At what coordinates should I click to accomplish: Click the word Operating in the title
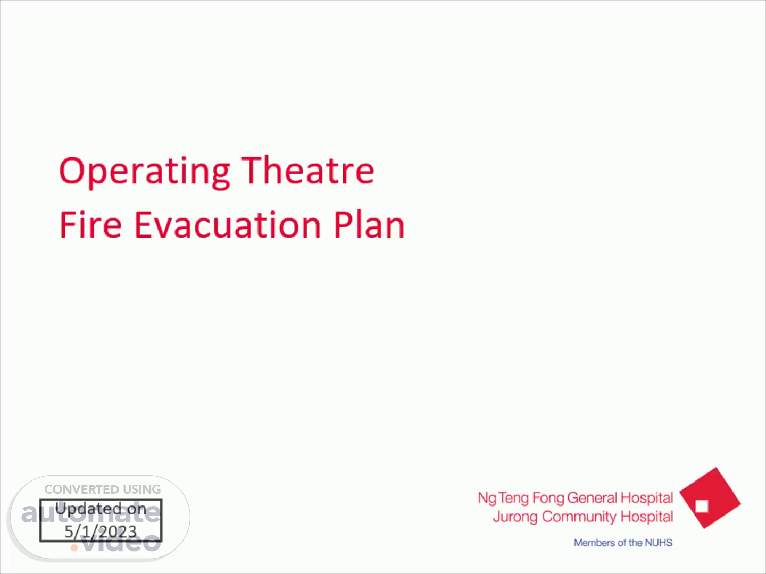145,172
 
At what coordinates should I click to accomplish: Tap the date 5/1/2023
101,531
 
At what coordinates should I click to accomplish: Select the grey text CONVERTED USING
102,489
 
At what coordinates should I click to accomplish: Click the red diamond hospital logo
710,497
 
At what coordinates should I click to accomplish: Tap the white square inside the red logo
702,507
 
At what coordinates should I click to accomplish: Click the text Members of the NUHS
623,543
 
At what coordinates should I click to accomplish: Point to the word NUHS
659,543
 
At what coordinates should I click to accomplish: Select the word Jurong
515,517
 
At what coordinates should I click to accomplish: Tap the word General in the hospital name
593,497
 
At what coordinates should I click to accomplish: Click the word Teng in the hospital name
514,499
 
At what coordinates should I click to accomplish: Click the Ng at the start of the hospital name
487,499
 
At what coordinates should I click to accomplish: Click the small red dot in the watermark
74,548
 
